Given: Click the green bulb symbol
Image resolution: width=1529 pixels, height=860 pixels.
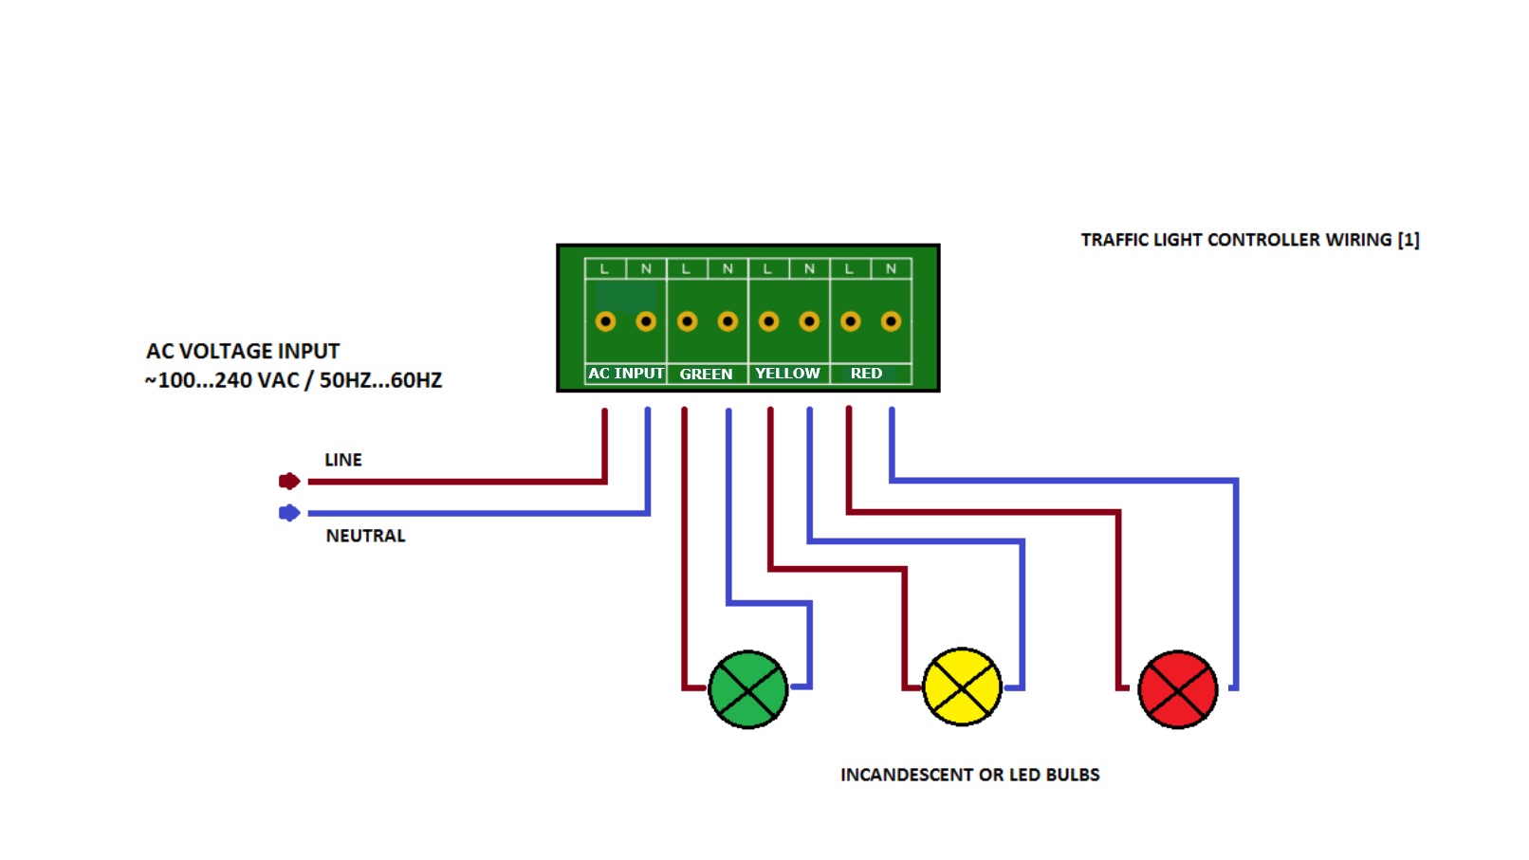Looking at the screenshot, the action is (748, 689).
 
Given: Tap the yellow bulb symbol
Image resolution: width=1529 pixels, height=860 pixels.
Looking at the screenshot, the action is (962, 686).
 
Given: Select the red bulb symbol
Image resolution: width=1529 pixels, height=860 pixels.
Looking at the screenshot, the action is (1177, 689).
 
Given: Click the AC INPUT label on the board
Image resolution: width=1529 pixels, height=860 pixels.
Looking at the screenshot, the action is (626, 374).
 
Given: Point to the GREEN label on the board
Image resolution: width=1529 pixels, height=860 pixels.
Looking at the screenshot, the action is (706, 374).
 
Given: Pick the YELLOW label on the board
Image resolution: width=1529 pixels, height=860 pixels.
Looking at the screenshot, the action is (787, 374).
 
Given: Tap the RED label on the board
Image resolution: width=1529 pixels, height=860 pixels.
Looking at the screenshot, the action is (866, 374).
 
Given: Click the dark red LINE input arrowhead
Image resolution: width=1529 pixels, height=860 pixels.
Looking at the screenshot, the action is (289, 481).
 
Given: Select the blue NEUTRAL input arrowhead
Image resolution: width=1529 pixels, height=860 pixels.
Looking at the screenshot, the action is (289, 513).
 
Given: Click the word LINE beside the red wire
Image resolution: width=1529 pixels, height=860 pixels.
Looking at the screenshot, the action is (343, 460).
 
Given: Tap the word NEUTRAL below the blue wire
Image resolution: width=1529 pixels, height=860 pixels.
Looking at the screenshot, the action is (365, 536).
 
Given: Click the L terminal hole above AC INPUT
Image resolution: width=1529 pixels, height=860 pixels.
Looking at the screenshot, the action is (605, 321).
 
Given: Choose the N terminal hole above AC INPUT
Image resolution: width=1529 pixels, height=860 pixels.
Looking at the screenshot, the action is (646, 321).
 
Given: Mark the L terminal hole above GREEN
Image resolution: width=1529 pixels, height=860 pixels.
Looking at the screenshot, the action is (688, 321).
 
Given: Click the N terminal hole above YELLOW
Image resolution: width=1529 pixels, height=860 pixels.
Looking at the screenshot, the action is (809, 321).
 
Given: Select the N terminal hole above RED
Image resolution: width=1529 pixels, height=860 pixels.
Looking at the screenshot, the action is (891, 321).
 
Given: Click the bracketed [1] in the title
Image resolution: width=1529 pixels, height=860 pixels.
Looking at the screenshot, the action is (1409, 240).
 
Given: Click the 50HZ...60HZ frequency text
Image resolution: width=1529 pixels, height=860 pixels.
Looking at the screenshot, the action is (381, 380).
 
